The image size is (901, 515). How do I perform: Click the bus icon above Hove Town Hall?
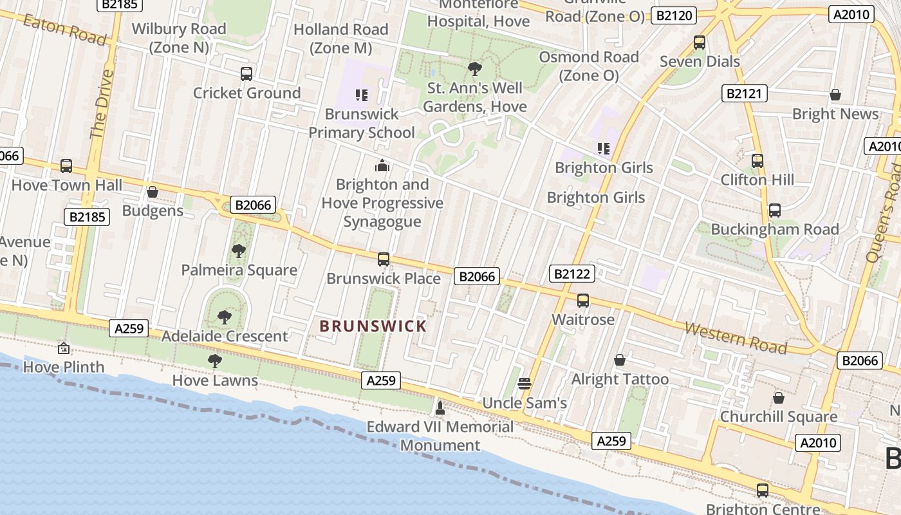[66, 166]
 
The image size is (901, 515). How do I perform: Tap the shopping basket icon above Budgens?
[153, 192]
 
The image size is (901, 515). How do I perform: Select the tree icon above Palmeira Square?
[239, 251]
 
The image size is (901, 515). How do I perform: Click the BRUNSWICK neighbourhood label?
[373, 326]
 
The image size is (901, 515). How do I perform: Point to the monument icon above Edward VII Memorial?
[440, 407]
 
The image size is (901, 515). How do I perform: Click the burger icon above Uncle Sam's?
[525, 384]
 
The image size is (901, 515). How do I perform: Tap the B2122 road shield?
[572, 274]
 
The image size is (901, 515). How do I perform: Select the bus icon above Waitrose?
[583, 301]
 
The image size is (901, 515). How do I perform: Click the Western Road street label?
[736, 338]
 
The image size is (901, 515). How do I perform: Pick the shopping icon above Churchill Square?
[779, 398]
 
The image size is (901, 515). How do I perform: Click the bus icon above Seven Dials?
[700, 42]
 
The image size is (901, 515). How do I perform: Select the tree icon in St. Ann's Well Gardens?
[475, 68]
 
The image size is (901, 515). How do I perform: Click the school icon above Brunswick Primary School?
[362, 95]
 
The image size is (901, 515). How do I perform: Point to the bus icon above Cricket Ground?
[246, 74]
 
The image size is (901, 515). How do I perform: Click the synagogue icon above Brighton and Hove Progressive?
[383, 165]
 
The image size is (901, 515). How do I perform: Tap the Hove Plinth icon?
[64, 348]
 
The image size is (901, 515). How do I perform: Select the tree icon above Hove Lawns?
[215, 361]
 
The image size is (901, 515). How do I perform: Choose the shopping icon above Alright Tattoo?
[620, 360]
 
